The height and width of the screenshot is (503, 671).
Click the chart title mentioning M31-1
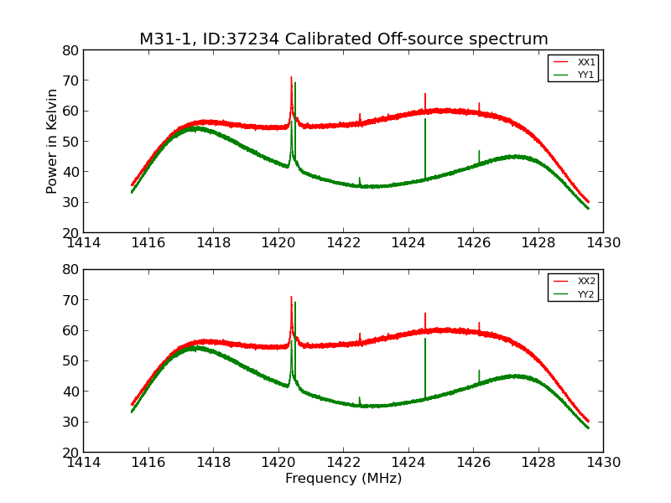point(343,39)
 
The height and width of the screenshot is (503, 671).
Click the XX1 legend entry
point(585,63)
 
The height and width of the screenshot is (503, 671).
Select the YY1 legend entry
point(585,75)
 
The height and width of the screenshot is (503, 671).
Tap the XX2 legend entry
point(585,282)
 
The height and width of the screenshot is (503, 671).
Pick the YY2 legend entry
point(585,293)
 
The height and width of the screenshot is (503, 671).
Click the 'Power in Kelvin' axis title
point(52,141)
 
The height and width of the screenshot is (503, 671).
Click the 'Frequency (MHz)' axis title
point(343,479)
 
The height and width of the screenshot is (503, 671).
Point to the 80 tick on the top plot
point(70,50)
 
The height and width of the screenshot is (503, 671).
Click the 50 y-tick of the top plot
point(70,142)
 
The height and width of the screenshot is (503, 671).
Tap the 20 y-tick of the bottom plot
point(70,452)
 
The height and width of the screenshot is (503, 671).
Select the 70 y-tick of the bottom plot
point(70,299)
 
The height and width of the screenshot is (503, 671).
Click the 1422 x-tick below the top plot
point(343,243)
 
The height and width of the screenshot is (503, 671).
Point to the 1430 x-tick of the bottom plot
point(602,463)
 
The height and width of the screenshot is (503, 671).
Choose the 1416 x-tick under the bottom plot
point(148,463)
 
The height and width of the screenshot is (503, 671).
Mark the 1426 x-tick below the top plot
point(473,243)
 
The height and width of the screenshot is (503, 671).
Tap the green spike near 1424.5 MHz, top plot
point(425,134)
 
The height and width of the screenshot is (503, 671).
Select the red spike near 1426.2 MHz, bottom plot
point(479,325)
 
